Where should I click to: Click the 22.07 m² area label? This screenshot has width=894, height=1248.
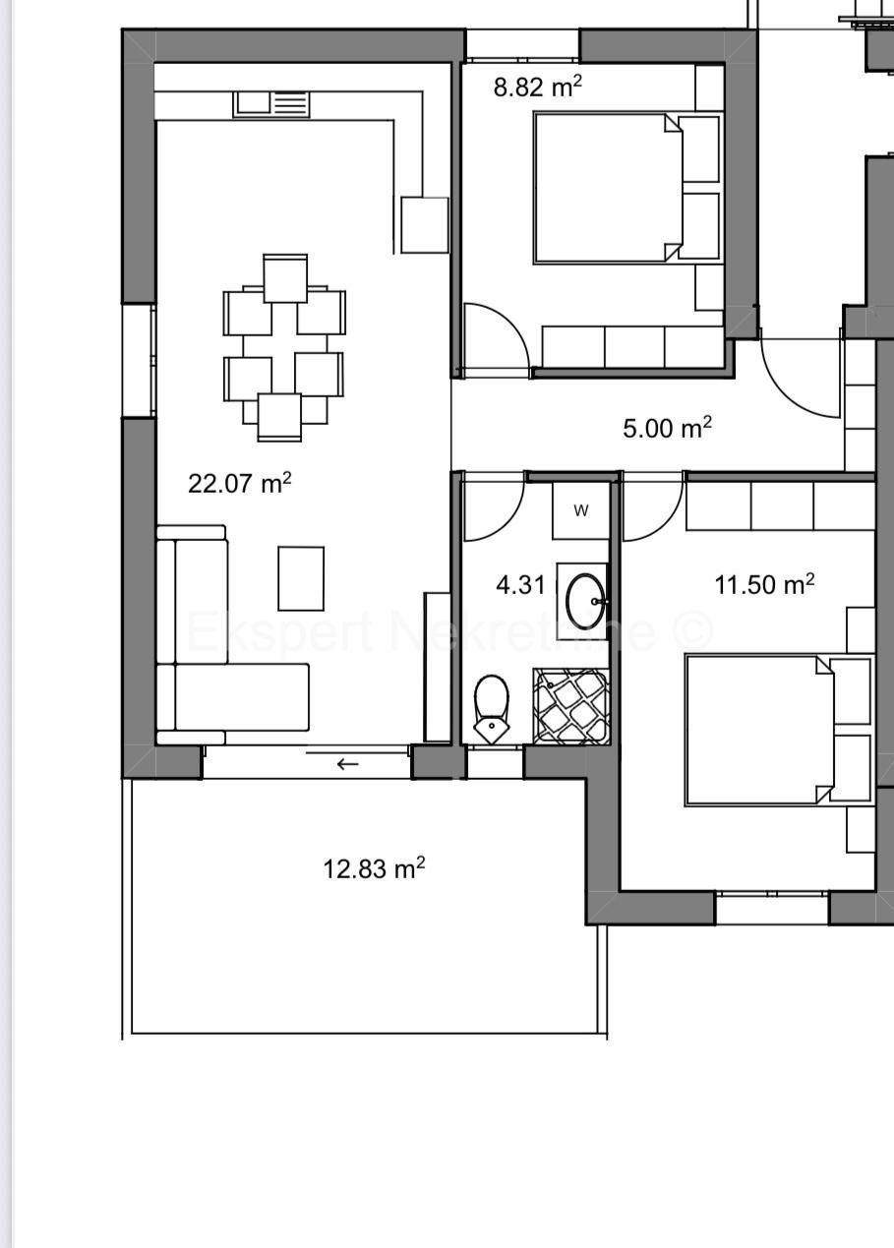tap(239, 483)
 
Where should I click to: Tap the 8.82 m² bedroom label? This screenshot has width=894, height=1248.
tap(537, 87)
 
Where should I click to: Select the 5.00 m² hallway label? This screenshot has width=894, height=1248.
tap(667, 429)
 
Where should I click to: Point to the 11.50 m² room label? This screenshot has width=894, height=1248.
tap(764, 585)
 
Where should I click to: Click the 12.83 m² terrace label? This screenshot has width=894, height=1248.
tap(374, 868)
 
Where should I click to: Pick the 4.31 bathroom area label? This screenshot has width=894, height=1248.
tap(520, 585)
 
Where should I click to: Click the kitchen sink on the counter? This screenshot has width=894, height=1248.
tap(271, 103)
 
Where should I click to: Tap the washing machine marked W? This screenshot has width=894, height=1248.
tap(580, 510)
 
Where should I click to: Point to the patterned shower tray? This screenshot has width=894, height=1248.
tap(571, 705)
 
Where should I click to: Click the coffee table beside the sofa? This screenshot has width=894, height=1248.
tap(301, 579)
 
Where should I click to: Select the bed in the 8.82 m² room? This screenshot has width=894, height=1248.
tap(608, 187)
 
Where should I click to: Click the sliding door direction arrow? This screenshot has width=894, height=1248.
tap(347, 763)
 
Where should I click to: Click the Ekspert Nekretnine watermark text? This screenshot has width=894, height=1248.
tap(448, 631)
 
